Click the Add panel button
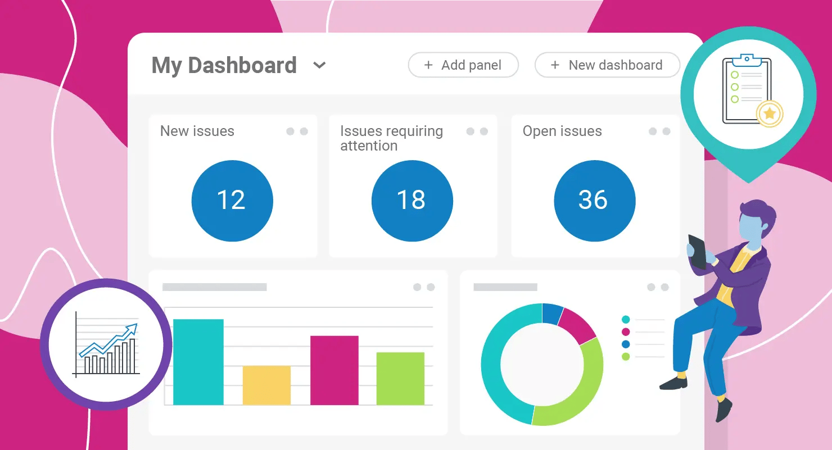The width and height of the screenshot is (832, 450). [463, 65]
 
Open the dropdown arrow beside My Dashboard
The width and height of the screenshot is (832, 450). [319, 65]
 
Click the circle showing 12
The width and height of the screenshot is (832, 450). [232, 201]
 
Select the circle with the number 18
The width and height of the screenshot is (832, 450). [412, 201]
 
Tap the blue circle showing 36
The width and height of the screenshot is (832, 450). [594, 201]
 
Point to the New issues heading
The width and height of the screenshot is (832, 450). [197, 131]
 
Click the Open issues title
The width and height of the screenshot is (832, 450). [562, 131]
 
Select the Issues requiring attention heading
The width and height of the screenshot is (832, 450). [391, 138]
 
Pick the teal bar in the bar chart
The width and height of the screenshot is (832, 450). [198, 362]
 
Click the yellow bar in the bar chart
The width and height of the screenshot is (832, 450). [266, 385]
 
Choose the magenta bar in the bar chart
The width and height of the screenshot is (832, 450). [334, 370]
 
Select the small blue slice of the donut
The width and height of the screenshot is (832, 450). [553, 313]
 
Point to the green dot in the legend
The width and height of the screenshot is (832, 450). [626, 357]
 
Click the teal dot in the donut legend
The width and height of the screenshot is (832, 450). [626, 320]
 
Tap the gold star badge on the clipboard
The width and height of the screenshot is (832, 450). [770, 114]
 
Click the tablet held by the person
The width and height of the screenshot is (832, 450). [698, 251]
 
